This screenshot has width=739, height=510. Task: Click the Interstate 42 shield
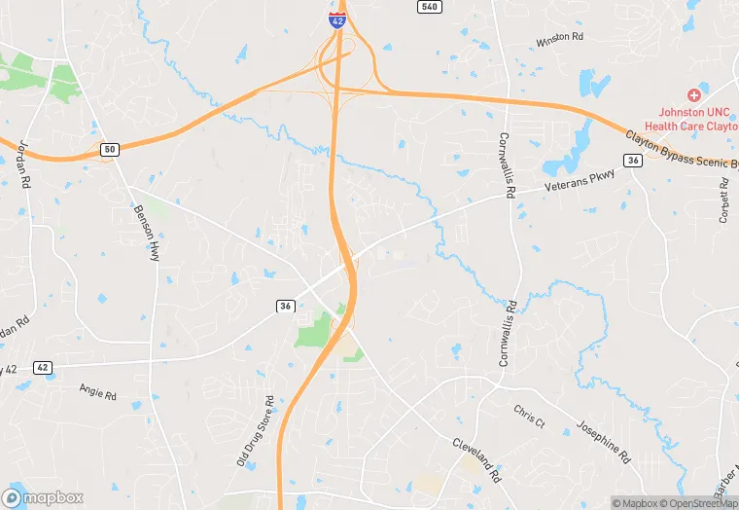click(x=336, y=19)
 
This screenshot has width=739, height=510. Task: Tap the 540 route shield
click(x=429, y=7)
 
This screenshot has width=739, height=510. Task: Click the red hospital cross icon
click(x=693, y=95)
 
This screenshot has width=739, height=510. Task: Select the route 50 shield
click(x=109, y=149)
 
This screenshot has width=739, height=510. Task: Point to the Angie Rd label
click(x=97, y=391)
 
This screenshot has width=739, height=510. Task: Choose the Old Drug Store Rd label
click(x=255, y=431)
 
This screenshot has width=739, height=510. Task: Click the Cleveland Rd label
click(x=475, y=458)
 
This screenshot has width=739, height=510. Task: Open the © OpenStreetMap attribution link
click(x=698, y=503)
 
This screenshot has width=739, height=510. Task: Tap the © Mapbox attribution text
click(x=636, y=503)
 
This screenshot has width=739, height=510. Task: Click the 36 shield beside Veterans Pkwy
click(x=633, y=161)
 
